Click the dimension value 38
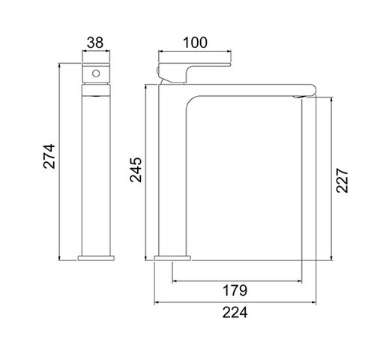click(95, 43)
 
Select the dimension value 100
click(195, 43)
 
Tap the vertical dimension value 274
click(49, 156)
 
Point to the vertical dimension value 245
click(136, 169)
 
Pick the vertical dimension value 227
click(342, 181)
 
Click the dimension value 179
click(235, 290)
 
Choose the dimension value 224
click(235, 312)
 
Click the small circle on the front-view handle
click(96, 73)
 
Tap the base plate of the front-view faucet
click(172, 258)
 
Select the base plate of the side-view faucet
click(96, 258)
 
